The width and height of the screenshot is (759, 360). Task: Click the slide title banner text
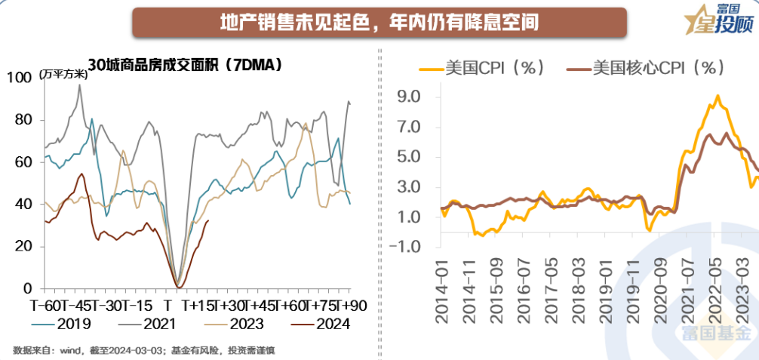tap(379, 22)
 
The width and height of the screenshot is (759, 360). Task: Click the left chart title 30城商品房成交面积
tap(185, 65)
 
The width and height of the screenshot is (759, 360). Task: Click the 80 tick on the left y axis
tap(23, 120)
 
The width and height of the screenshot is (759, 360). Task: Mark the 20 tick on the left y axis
tap(23, 247)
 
